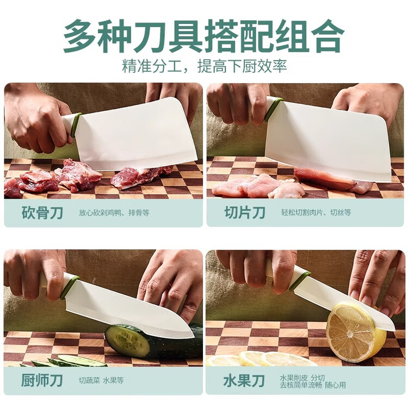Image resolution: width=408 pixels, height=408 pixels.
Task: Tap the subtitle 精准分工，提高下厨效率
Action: click(205, 66)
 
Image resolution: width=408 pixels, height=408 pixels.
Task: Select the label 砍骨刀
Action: click(42, 213)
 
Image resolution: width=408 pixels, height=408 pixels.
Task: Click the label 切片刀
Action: click(245, 213)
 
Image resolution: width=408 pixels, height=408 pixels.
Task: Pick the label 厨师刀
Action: click(42, 380)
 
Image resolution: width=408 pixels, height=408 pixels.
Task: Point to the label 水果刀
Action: click(244, 381)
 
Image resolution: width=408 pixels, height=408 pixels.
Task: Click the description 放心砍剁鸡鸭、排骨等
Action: click(114, 213)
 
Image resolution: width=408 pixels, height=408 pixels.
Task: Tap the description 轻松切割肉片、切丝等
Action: click(316, 213)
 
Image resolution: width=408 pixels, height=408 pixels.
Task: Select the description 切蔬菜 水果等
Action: click(102, 380)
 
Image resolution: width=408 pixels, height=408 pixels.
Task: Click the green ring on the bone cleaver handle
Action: click(76, 126)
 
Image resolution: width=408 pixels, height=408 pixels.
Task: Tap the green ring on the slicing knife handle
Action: click(273, 109)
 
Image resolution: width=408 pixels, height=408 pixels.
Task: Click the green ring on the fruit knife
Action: click(300, 281)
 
